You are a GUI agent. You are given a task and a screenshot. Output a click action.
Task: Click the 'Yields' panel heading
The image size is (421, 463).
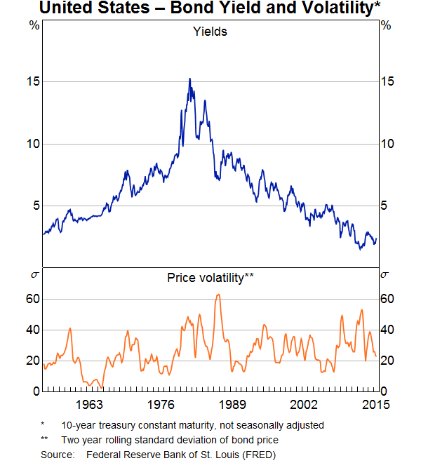210,31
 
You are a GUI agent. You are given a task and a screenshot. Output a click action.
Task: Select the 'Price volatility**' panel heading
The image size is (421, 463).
210,277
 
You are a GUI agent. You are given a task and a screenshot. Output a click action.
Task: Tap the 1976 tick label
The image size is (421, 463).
161,404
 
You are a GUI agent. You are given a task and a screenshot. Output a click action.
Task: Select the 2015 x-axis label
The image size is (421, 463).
375,404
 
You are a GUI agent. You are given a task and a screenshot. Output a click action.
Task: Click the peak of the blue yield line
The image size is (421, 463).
189,79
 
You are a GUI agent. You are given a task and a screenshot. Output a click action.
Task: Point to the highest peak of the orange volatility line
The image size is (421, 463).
218,294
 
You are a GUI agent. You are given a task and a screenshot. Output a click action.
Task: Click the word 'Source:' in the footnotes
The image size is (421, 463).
57,455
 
